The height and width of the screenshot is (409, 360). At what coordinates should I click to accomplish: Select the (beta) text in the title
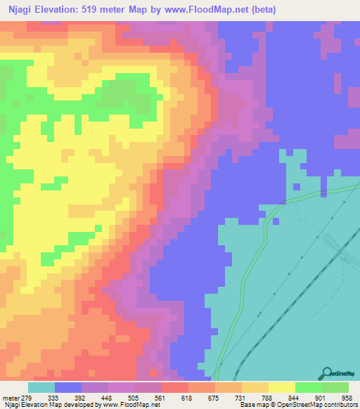click(x=260, y=10)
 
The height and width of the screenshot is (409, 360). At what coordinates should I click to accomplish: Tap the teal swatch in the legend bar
click(x=41, y=387)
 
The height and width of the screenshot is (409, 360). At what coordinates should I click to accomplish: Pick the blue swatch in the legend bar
click(x=68, y=387)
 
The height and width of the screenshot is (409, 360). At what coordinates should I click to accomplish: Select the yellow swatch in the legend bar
click(x=282, y=387)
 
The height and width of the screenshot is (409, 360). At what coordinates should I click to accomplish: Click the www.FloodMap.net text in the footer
click(x=129, y=405)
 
